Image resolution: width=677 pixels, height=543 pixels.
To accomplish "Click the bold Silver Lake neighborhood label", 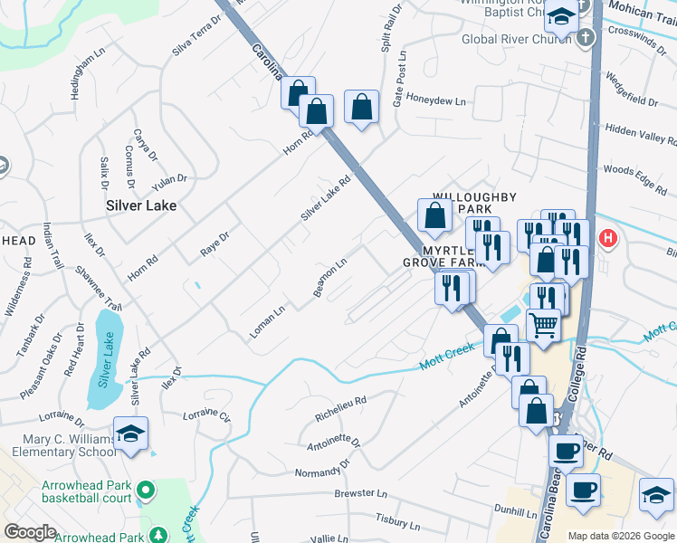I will [140, 205].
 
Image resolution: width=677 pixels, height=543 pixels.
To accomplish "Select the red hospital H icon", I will [608, 239].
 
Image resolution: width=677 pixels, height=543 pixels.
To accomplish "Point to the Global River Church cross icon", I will [586, 38].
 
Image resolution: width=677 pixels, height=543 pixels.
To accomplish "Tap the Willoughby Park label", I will [474, 203].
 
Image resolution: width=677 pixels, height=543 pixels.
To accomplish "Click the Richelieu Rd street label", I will [339, 407].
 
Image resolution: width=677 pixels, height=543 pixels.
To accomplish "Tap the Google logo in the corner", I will [30, 531].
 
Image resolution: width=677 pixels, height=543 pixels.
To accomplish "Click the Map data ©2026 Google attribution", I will [621, 536].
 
